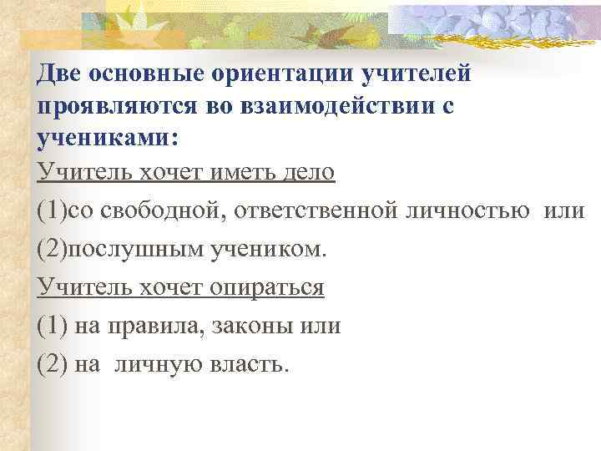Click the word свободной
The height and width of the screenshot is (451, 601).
160,210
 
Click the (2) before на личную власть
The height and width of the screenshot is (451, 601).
53,364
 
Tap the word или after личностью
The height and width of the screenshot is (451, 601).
564,210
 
